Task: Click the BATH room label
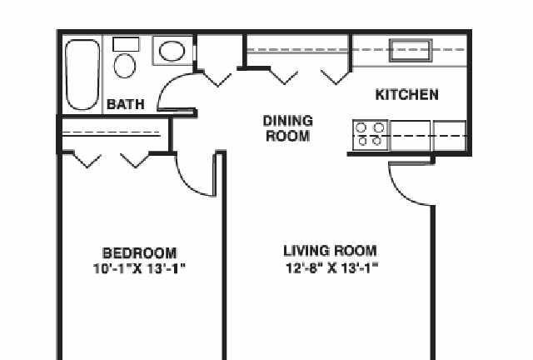(126, 104)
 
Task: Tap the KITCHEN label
(407, 95)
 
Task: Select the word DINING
(288, 121)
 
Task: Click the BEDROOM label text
(140, 253)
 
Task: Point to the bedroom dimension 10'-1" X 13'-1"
(139, 269)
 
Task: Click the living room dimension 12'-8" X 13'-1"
(331, 268)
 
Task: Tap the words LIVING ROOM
(330, 251)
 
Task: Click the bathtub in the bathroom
(82, 75)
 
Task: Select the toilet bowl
(124, 66)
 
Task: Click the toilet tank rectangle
(126, 44)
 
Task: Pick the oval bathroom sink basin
(172, 51)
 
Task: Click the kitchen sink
(411, 50)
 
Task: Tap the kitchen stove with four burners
(370, 135)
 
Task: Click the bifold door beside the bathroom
(217, 78)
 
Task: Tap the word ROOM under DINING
(288, 136)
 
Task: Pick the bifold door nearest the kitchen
(336, 77)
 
